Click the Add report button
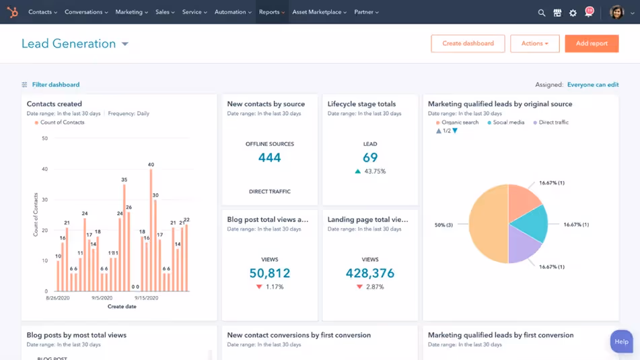(592, 44)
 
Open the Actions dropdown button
(534, 44)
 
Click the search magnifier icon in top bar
(542, 13)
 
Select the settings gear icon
(573, 13)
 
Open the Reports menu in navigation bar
(271, 12)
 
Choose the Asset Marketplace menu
(319, 12)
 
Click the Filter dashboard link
(55, 85)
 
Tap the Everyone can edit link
(592, 85)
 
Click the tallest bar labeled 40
(151, 229)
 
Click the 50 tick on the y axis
(44, 139)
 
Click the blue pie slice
(531, 223)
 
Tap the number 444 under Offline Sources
(269, 158)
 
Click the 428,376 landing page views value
(369, 273)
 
